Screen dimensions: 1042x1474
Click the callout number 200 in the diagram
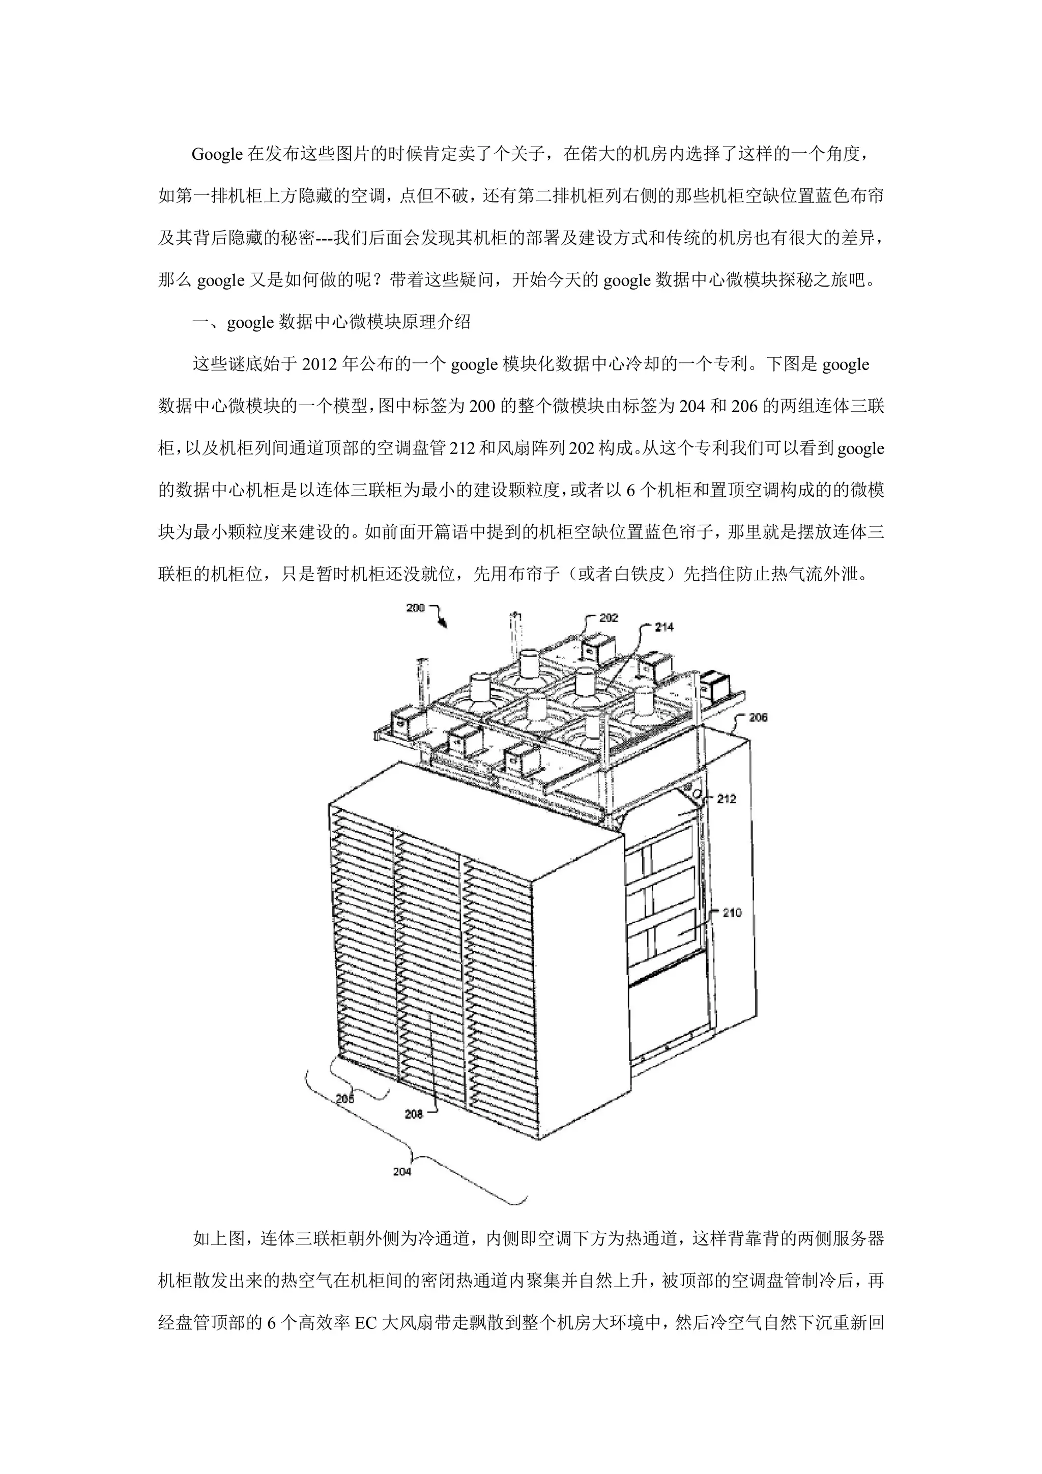(415, 607)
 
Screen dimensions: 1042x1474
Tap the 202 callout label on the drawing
(609, 617)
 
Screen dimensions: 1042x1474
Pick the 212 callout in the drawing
(727, 799)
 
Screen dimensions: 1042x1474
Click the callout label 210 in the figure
(732, 912)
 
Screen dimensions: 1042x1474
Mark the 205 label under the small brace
(344, 1099)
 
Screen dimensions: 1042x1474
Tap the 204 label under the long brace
(402, 1172)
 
